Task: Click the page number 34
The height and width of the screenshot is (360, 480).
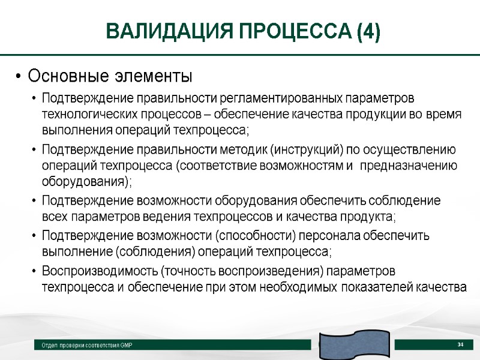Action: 461,344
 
